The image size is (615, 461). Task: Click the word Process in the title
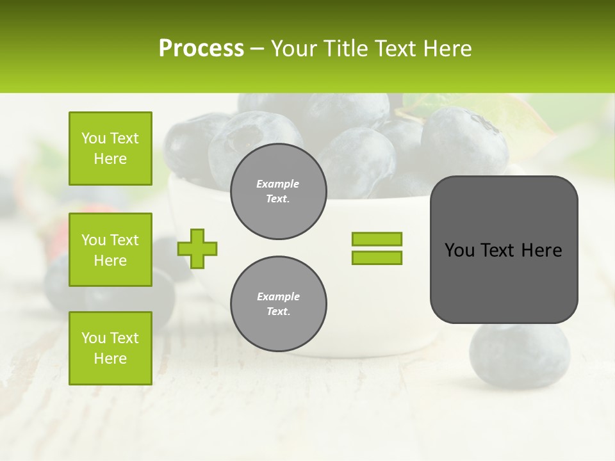tap(201, 49)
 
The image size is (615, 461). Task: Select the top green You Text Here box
tap(110, 149)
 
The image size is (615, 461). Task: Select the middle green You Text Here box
tap(110, 250)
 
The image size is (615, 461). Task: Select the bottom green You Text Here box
tap(110, 348)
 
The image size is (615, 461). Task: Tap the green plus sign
tap(197, 248)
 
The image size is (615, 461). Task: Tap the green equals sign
tap(377, 248)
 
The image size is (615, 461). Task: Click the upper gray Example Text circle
tap(278, 191)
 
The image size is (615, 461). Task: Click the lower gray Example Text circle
tap(278, 304)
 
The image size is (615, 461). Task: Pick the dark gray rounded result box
tap(504, 250)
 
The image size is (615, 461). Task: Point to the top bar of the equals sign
tap(377, 239)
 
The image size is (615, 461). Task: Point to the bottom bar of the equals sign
tap(377, 258)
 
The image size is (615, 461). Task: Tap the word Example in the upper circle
tap(278, 184)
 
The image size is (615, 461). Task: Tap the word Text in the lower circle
tap(278, 312)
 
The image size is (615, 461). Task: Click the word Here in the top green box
tap(110, 159)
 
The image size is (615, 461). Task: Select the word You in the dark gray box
tap(459, 250)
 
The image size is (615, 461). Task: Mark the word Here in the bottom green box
tap(110, 359)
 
